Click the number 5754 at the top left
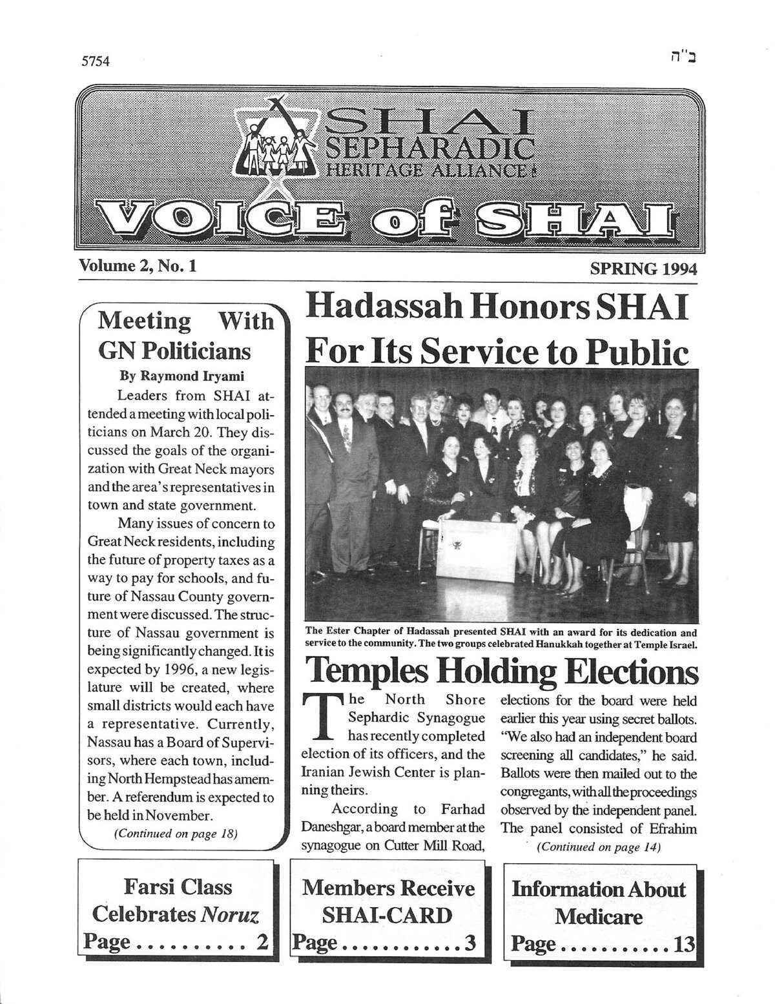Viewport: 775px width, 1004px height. point(94,61)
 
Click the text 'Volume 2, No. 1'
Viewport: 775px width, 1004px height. point(137,266)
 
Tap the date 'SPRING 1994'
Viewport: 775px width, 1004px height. point(644,268)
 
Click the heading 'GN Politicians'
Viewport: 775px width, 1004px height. point(174,351)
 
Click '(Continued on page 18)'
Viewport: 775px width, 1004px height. point(176,833)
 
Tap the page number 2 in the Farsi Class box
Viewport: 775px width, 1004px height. point(262,942)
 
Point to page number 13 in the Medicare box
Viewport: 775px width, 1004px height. point(682,945)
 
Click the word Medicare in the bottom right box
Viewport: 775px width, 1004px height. point(598,916)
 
